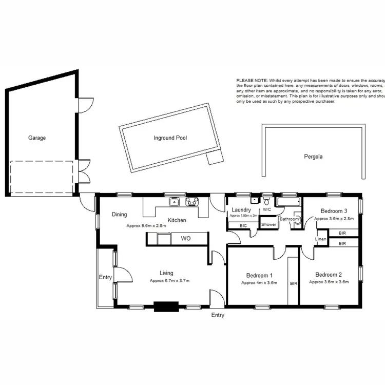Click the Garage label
pyautogui.click(x=37, y=138)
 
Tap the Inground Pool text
pyautogui.click(x=170, y=138)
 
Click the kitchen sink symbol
pyautogui.click(x=175, y=202)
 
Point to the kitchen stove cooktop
pyautogui.click(x=192, y=202)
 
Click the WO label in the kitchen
pyautogui.click(x=186, y=239)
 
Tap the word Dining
pyautogui.click(x=119, y=215)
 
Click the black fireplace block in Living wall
pyautogui.click(x=165, y=307)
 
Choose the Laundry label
pyautogui.click(x=241, y=210)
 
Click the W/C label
pyautogui.click(x=267, y=210)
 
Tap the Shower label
pyautogui.click(x=268, y=225)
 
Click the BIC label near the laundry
pyautogui.click(x=243, y=225)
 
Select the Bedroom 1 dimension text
pyautogui.click(x=259, y=283)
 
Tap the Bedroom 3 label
pyautogui.click(x=334, y=210)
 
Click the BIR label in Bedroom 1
pyautogui.click(x=294, y=283)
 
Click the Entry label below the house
pyautogui.click(x=218, y=315)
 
